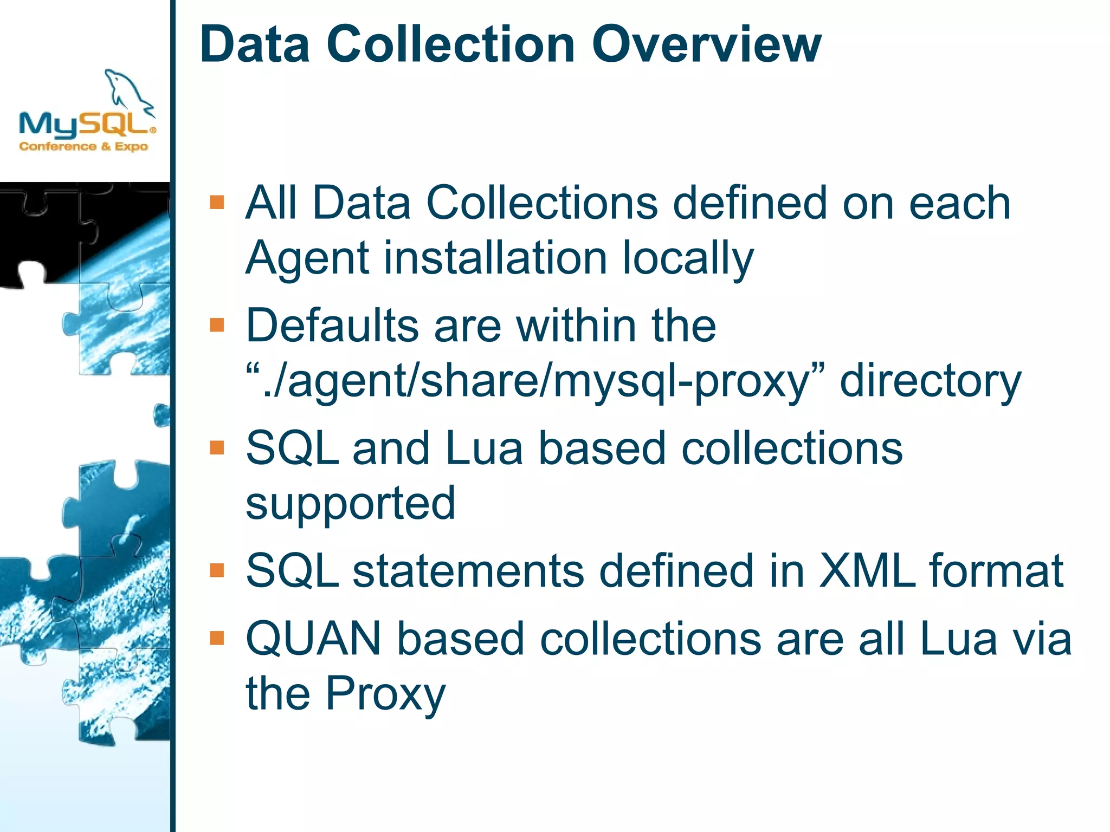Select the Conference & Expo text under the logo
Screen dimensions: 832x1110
click(x=83, y=146)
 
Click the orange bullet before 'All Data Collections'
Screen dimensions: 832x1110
click(x=217, y=202)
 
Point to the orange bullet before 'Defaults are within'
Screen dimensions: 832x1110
click(x=217, y=324)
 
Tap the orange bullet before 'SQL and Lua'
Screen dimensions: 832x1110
click(x=217, y=447)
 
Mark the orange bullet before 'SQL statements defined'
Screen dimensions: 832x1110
click(x=217, y=570)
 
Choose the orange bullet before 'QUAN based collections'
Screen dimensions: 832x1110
click(x=217, y=638)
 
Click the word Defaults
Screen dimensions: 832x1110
click(x=332, y=326)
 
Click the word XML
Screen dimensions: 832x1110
click(x=867, y=571)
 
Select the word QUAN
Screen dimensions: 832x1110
click(x=314, y=639)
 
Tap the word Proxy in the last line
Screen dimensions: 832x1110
click(x=385, y=694)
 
